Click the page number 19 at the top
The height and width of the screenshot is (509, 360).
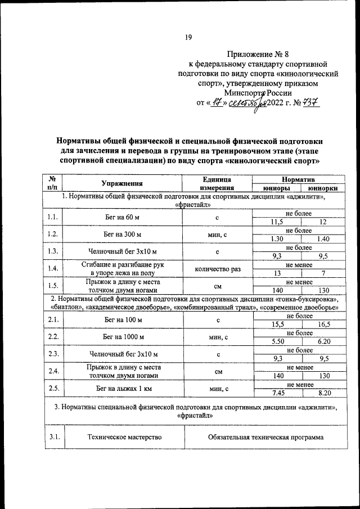[x=188, y=37]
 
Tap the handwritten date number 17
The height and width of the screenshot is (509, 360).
[x=211, y=103]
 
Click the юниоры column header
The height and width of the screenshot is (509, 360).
[x=276, y=188]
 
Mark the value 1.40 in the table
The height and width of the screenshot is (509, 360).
[x=323, y=238]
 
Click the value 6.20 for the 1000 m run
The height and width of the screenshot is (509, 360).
[x=323, y=341]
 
